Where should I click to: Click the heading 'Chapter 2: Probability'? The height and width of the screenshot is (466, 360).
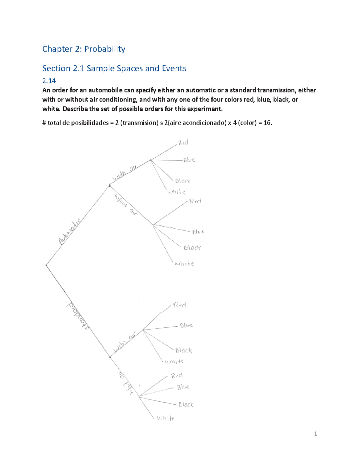point(83,49)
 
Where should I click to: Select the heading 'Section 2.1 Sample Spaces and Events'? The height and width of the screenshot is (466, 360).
point(114,68)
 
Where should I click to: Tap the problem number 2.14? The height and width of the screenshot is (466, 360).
point(49,81)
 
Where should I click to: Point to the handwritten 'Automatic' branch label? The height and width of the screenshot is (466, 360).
point(70,232)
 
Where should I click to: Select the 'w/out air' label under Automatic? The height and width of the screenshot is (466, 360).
point(126,205)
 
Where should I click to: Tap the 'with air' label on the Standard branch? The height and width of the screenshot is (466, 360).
point(124,343)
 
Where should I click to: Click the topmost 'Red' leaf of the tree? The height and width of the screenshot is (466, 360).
point(183,143)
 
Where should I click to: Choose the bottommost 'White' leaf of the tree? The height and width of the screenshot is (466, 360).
point(166,418)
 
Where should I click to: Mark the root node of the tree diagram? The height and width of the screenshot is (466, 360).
point(46,265)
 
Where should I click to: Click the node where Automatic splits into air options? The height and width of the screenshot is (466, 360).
point(109,186)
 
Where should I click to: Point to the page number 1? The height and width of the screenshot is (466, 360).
point(315,434)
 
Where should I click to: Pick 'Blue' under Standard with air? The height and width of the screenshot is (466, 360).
point(186,325)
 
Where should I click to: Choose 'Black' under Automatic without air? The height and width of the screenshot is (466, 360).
point(192,248)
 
